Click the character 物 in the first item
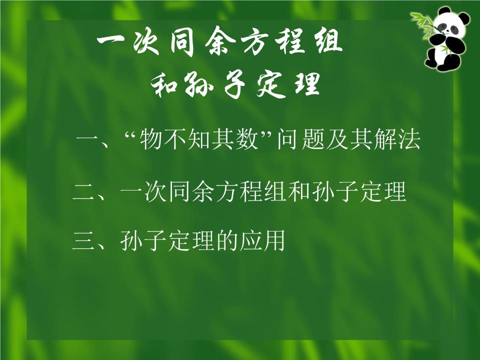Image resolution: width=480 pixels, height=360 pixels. pyautogui.click(x=151, y=141)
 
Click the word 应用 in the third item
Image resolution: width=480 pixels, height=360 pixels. pyautogui.click(x=261, y=242)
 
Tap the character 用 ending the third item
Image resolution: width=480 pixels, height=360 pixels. pyautogui.click(x=273, y=242)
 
